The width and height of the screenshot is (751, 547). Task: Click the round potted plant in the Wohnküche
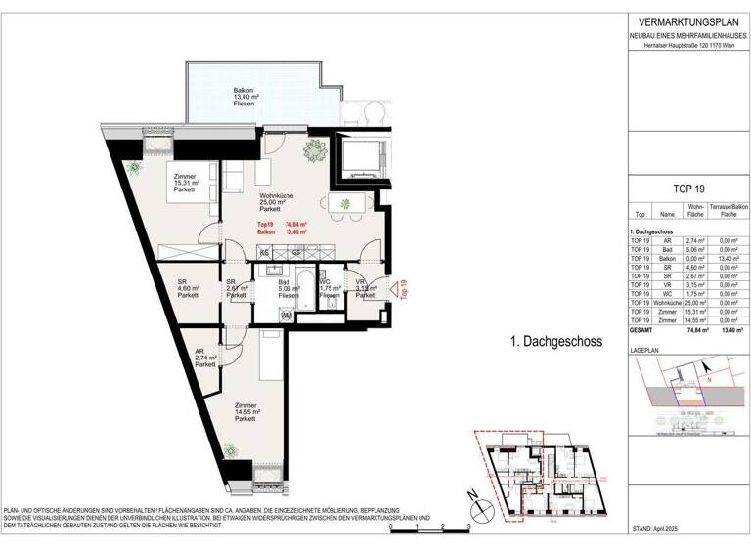click(x=315, y=149)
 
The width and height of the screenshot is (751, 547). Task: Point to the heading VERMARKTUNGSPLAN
click(x=685, y=22)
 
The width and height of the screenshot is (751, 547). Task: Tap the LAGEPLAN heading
click(x=645, y=348)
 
